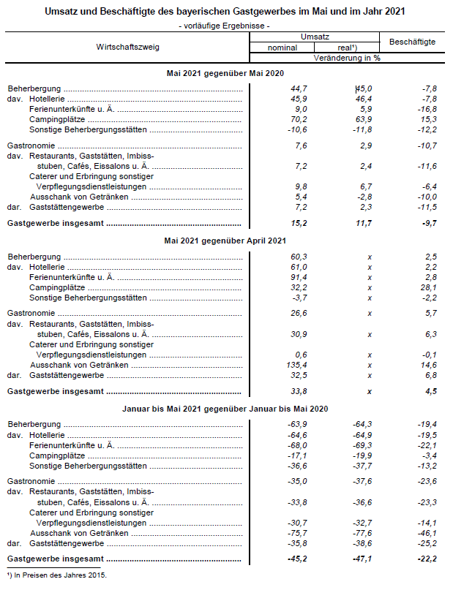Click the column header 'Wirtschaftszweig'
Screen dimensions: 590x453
[127, 46]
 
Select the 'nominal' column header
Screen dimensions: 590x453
[282, 47]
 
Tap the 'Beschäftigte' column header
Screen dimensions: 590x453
[412, 42]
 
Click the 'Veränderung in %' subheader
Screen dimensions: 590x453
[346, 56]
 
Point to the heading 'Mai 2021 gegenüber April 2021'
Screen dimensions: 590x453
[226, 241]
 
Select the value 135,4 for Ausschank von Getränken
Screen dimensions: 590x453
[295, 365]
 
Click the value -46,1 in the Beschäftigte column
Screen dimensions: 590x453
[425, 533]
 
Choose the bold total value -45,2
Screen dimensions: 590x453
[295, 559]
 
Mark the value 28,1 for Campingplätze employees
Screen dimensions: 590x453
[427, 287]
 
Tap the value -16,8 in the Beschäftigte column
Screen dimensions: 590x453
[425, 109]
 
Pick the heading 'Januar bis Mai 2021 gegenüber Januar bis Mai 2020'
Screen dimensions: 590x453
[226, 408]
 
